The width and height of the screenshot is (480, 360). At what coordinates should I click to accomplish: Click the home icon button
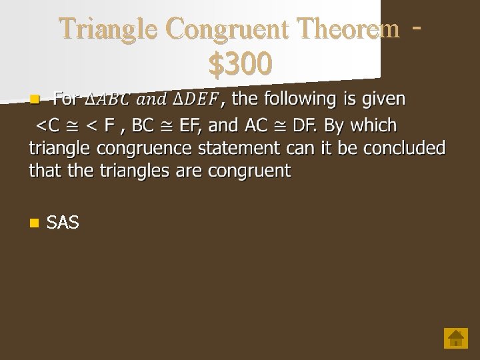pos(456,338)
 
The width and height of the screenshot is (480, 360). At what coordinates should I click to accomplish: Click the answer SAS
pos(63,223)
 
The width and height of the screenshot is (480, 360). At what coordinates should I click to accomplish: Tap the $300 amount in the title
pos(240,65)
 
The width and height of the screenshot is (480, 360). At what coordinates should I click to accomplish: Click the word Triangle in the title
pos(109,29)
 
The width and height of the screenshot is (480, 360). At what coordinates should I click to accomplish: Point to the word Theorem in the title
pos(349,29)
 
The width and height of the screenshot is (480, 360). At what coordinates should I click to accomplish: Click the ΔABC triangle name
pos(112,100)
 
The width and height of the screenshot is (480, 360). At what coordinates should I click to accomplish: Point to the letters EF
pos(191,125)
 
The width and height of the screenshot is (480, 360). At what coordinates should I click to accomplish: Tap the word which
pos(373,125)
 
